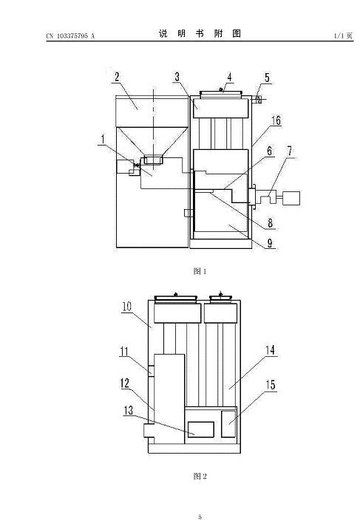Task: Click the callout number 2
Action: click(117, 77)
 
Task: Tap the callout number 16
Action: click(276, 120)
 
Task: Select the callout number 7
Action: click(290, 151)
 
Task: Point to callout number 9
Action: click(270, 243)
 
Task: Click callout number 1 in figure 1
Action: click(103, 140)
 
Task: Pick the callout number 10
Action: click(127, 307)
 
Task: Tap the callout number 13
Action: click(129, 410)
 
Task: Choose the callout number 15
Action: click(271, 385)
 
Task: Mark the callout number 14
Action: click(271, 351)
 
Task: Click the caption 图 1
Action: click(200, 271)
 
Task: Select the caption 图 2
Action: click(200, 476)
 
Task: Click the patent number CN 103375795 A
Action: click(70, 36)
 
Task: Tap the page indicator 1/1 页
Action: click(344, 35)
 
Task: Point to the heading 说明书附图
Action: click(200, 33)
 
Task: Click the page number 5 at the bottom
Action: click(200, 517)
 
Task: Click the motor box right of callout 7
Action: click(291, 198)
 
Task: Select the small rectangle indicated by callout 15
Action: click(228, 424)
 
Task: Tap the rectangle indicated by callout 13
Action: click(201, 430)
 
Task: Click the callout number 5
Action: click(267, 78)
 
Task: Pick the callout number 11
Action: click(124, 352)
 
